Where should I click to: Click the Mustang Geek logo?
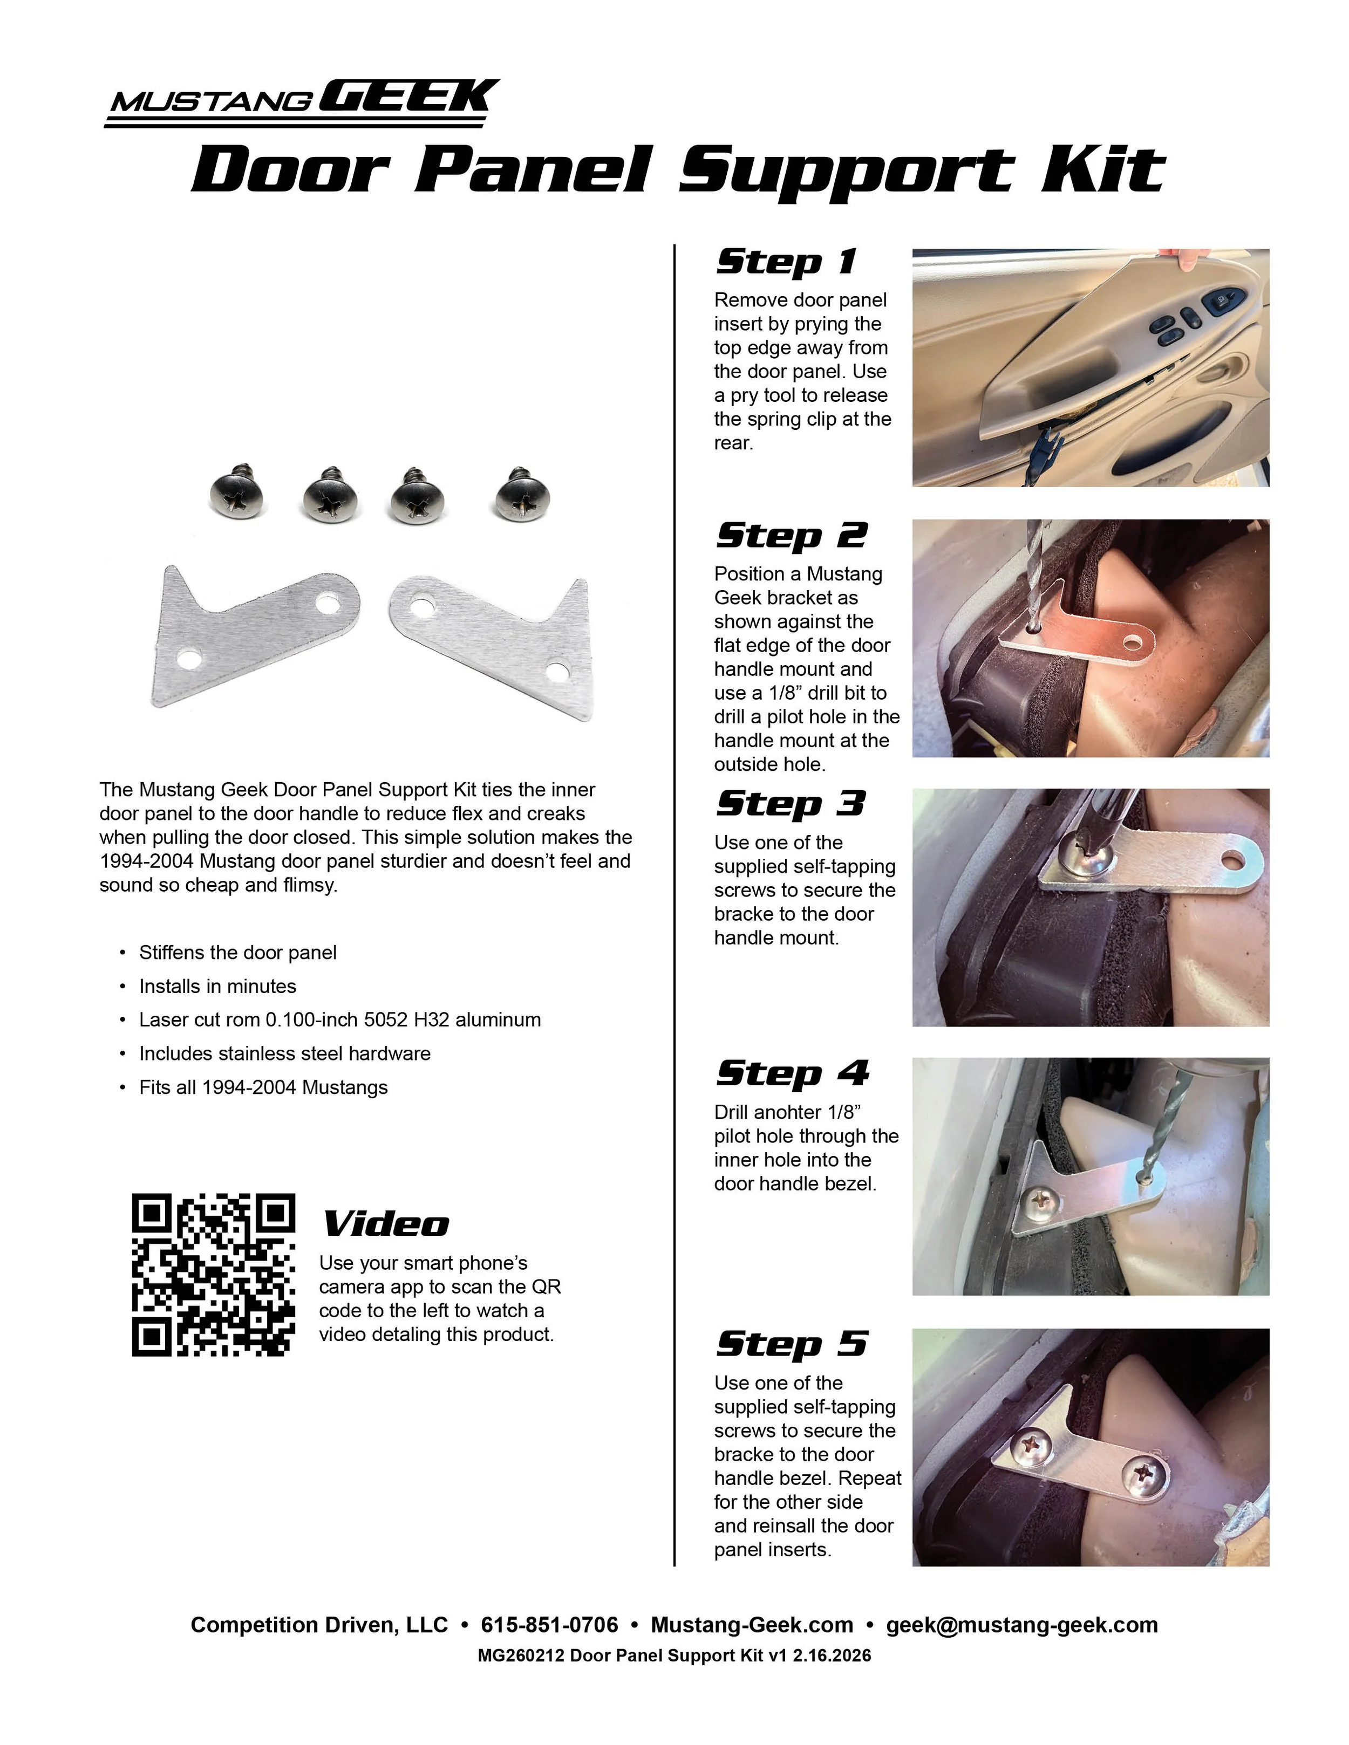coord(302,102)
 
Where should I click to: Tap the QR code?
coord(213,1275)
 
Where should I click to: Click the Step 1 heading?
coord(786,262)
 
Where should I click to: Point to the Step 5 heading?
coord(791,1344)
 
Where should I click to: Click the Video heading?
coord(385,1224)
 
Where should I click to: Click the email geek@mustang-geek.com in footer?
coord(1021,1625)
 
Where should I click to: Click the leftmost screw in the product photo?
coord(236,492)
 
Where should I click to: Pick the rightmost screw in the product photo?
coord(522,493)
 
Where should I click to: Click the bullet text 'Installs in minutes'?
coord(217,986)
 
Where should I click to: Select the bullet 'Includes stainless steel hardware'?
coord(284,1053)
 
